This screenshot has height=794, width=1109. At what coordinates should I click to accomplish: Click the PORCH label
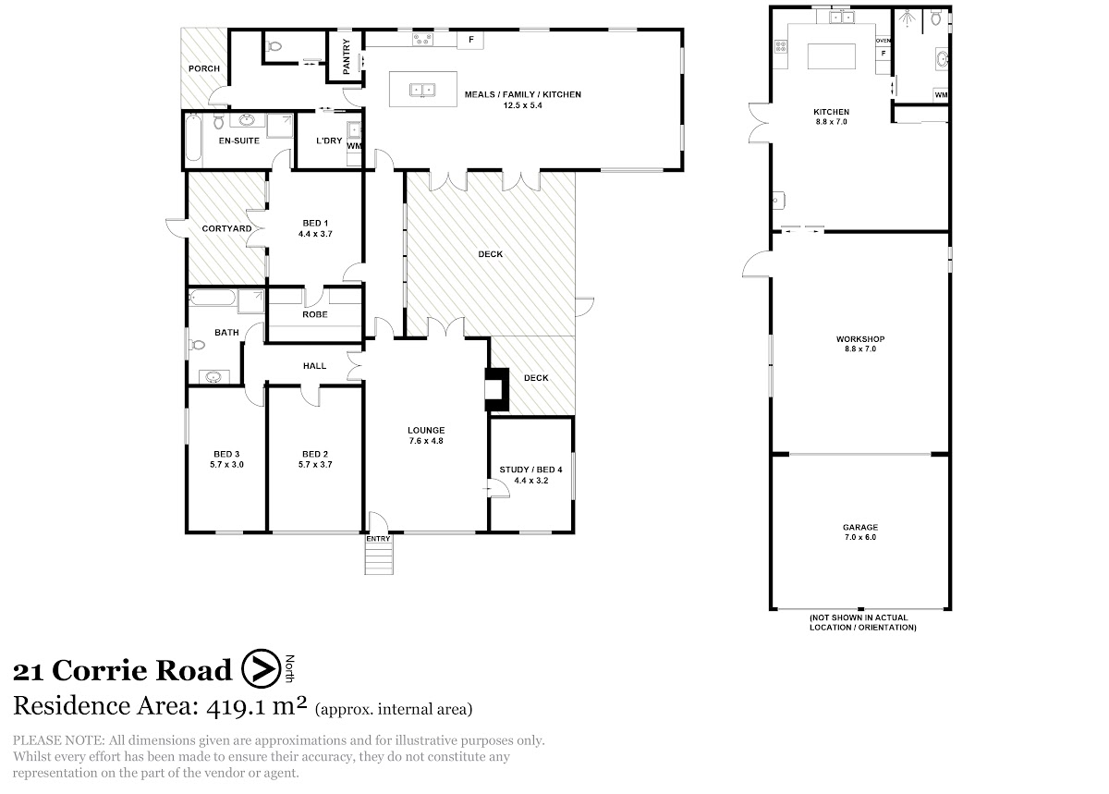point(204,68)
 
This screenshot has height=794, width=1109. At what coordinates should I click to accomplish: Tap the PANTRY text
point(346,56)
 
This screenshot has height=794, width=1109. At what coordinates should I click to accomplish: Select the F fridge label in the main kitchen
point(471,39)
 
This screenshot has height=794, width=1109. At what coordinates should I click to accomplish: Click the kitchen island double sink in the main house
point(422,90)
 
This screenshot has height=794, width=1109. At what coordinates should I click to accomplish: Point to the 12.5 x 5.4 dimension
point(523,105)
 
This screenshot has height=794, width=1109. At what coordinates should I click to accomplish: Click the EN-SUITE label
point(239,140)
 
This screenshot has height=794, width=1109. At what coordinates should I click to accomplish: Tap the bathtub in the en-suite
point(194,138)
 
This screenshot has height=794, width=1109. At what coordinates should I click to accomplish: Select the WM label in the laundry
point(354,146)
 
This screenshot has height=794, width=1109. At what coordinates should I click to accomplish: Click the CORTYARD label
point(226,228)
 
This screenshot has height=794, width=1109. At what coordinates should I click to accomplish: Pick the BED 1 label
point(315,223)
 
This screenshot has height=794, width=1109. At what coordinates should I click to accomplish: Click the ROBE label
point(315,314)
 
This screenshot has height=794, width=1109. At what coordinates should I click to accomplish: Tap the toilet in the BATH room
point(197,344)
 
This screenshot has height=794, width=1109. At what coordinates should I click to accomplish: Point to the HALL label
point(315,366)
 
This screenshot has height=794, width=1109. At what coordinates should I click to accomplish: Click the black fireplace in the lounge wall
point(496,389)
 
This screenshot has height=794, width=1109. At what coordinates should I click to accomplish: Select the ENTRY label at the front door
point(378,538)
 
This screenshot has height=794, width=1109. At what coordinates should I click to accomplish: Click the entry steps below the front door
point(379,558)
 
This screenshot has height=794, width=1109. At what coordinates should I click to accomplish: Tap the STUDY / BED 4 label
point(530,470)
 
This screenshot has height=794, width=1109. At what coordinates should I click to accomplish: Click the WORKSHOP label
point(860,339)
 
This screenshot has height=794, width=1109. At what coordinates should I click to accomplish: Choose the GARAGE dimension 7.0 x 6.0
point(860,537)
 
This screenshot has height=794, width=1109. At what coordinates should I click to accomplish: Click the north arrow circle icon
point(262,668)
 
